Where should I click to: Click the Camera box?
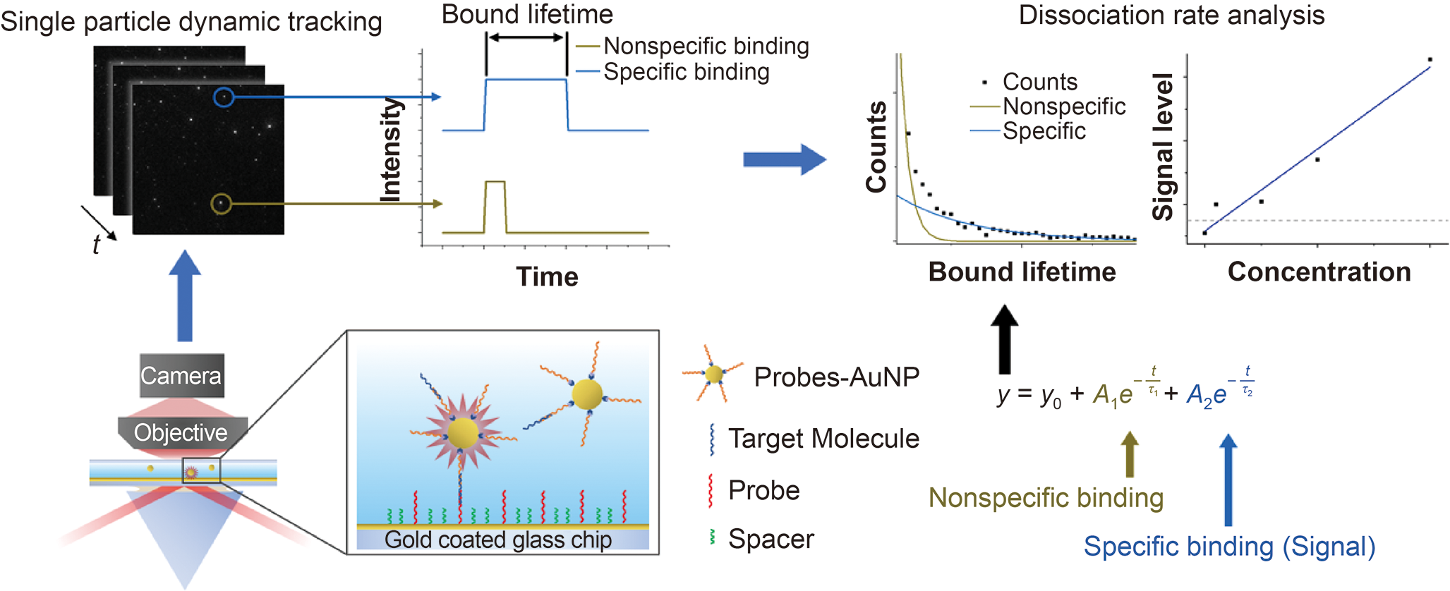181,376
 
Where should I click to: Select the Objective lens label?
181,432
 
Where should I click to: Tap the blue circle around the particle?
224,97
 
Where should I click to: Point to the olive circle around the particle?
222,204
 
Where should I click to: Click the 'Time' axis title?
547,276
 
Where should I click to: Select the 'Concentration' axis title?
1319,272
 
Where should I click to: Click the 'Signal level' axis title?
1163,147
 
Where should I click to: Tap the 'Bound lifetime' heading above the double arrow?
527,14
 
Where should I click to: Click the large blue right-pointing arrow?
784,160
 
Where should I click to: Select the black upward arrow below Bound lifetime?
1005,339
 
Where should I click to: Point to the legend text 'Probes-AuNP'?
836,377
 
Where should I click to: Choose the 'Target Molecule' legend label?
823,439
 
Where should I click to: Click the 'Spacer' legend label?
771,539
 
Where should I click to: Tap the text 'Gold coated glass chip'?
498,540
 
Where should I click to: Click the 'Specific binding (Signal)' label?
1229,547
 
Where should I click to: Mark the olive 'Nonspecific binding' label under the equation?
1046,498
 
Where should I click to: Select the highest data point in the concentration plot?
1430,60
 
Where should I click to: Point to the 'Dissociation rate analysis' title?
1171,16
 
